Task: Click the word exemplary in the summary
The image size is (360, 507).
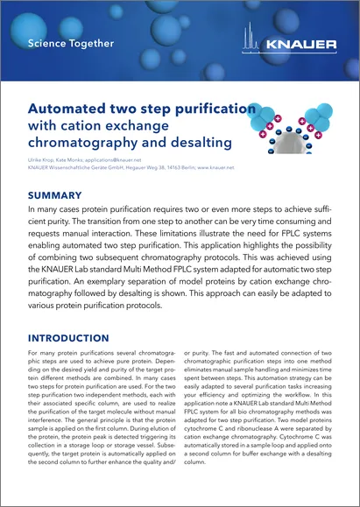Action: [x=111, y=285]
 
